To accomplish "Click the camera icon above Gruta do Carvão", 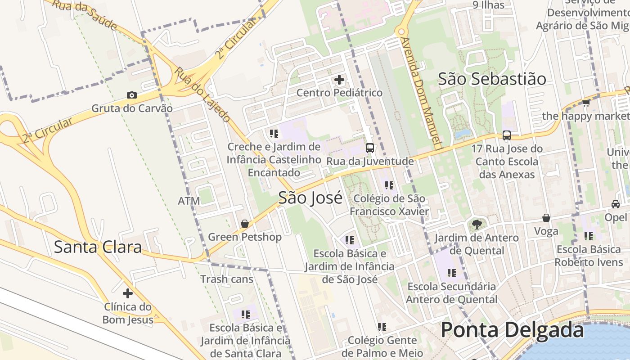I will pyautogui.click(x=131, y=95).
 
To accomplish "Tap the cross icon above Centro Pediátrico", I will pyautogui.click(x=339, y=80).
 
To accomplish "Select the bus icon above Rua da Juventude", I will pyautogui.click(x=370, y=148).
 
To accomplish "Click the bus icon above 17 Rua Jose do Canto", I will pyautogui.click(x=507, y=135).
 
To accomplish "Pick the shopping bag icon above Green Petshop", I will pyautogui.click(x=245, y=223).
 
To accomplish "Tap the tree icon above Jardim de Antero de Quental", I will pyautogui.click(x=476, y=224).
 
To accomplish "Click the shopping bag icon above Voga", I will pyautogui.click(x=546, y=218).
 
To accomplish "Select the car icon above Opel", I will pyautogui.click(x=616, y=204).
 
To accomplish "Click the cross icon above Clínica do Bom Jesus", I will pyautogui.click(x=128, y=293).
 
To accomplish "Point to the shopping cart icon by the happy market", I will pyautogui.click(x=586, y=103).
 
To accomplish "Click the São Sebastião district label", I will pyautogui.click(x=492, y=79).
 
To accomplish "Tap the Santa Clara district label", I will pyautogui.click(x=98, y=247).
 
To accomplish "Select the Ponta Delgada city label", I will pyautogui.click(x=512, y=330).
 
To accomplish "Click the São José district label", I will pyautogui.click(x=310, y=198).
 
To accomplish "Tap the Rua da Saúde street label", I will pyautogui.click(x=84, y=14).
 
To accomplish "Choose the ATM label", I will pyautogui.click(x=189, y=201).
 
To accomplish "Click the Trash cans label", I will pyautogui.click(x=227, y=279).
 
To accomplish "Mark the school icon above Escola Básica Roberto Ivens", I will pyautogui.click(x=589, y=236).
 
